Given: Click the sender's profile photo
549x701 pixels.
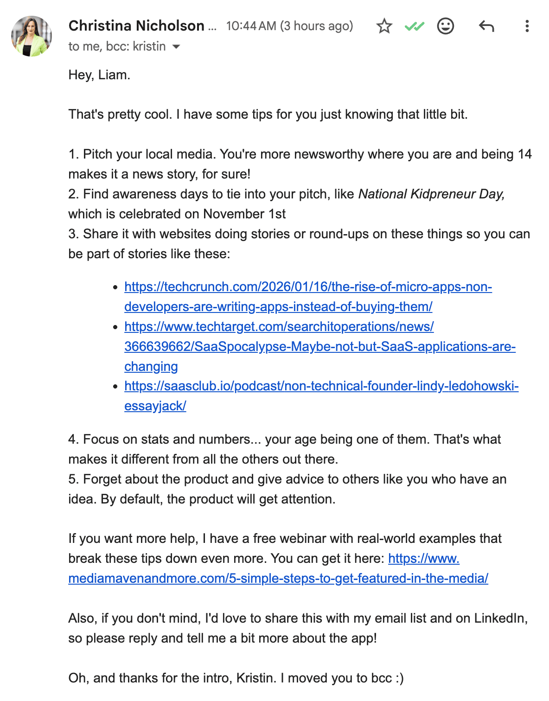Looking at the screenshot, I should pos(32,36).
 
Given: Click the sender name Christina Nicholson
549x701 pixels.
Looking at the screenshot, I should pos(136,25).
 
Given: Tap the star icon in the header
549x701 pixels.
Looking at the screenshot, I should pos(384,26).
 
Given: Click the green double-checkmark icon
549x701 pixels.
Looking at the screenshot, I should pos(414,26).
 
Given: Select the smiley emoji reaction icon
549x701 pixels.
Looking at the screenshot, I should pos(445,26).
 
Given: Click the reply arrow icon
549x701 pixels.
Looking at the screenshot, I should pos(486,26).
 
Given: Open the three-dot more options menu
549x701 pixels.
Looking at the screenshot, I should pos(527,26).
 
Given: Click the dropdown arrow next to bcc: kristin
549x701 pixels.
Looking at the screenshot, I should pos(176,47).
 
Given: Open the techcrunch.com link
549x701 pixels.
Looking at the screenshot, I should pos(308,287).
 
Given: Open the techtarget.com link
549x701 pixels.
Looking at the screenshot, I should pos(279,327).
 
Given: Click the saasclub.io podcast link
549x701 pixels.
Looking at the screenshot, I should pos(321,386).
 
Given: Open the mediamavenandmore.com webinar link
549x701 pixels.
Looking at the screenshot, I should pos(278,579).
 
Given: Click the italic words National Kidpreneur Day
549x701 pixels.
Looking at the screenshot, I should pos(431,194).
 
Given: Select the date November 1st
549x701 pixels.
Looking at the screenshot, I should pos(244,214).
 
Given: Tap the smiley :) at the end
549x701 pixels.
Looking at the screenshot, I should pos(399,678).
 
